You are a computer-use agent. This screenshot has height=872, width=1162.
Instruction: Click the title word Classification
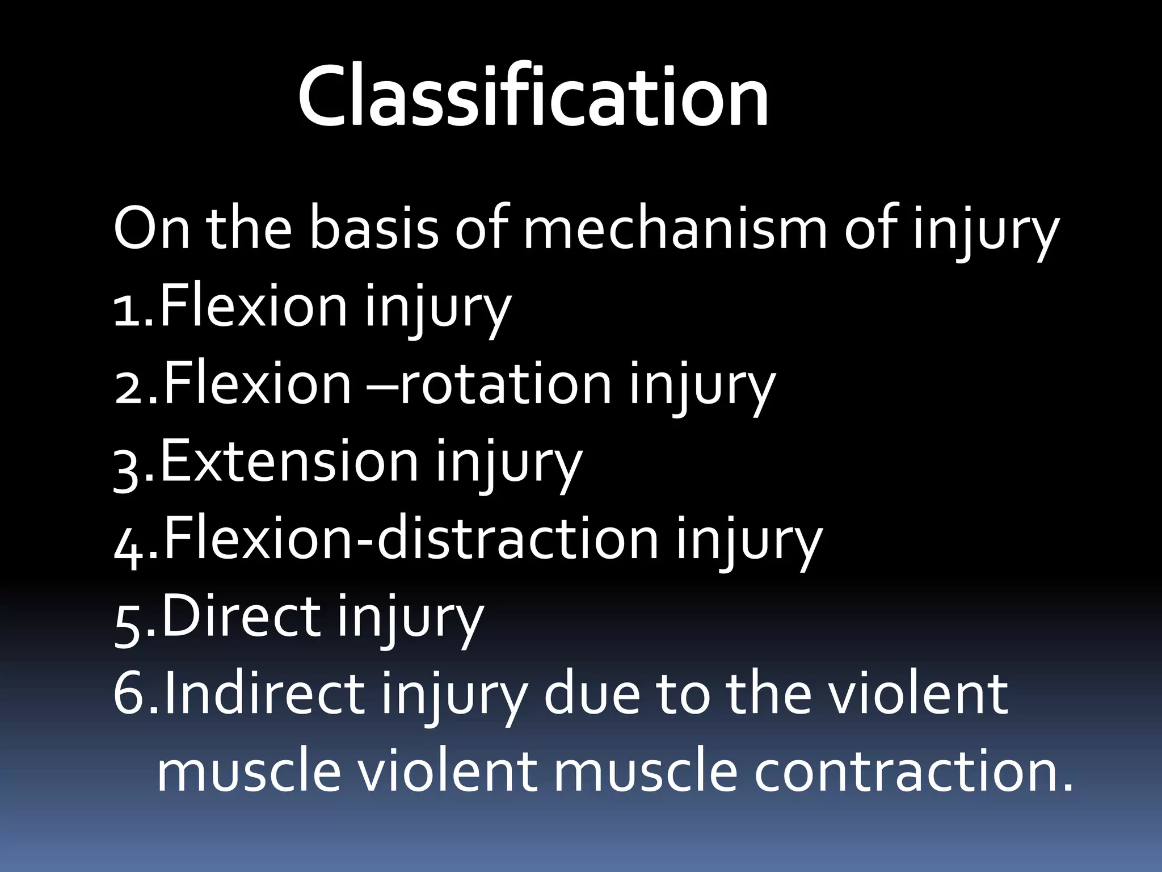pyautogui.click(x=533, y=97)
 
